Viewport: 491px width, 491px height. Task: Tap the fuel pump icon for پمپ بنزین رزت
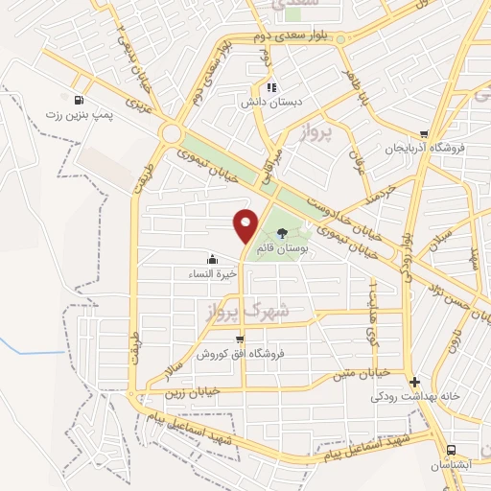[x=78, y=99]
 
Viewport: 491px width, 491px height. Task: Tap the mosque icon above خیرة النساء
[x=211, y=259]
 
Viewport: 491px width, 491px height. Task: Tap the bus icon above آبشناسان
[x=450, y=450]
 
